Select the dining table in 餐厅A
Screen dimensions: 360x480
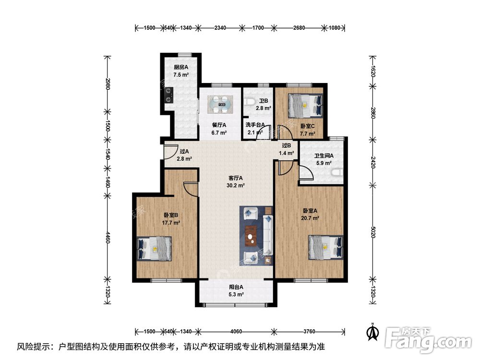pos(220,104)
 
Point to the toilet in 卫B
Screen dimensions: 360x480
pos(249,102)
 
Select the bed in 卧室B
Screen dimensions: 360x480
pos(154,249)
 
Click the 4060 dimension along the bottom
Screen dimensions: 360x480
pos(236,331)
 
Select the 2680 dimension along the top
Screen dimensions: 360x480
pos(299,27)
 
